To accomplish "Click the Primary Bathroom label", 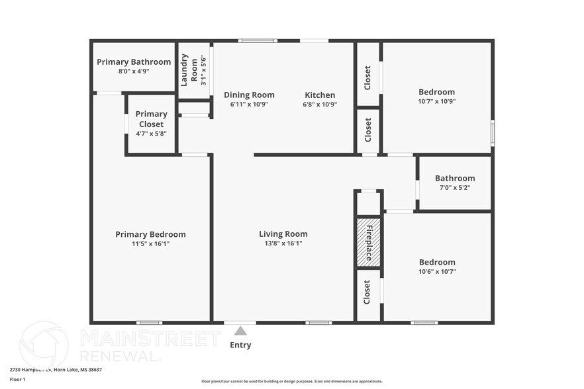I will point(134,62).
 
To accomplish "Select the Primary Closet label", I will point(151,119).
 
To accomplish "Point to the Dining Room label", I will point(249,95).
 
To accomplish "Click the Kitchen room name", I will point(320,95).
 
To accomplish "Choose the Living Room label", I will point(283,234).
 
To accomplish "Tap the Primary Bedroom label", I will point(150,234).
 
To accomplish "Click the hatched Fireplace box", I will point(369,242).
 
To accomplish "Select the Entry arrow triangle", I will point(241,331).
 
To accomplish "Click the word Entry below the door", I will point(240,345).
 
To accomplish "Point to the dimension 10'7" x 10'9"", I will point(437,102).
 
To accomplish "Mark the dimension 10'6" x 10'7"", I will point(436,271).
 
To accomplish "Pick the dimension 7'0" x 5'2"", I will point(455,187).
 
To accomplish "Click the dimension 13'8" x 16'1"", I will point(283,243).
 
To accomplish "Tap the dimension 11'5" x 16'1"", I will point(150,243).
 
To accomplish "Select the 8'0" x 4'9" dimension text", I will point(134,71).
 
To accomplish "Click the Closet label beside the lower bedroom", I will point(368,292).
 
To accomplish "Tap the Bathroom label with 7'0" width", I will point(455,178).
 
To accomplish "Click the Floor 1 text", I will point(17,379).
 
